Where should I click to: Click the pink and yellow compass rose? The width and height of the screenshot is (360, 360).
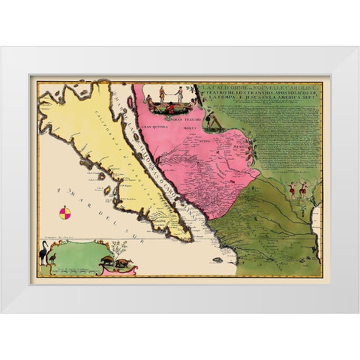point(65,213)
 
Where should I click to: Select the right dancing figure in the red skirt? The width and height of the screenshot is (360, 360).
point(303,190)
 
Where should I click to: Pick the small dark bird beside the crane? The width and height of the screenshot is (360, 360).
point(54,262)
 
